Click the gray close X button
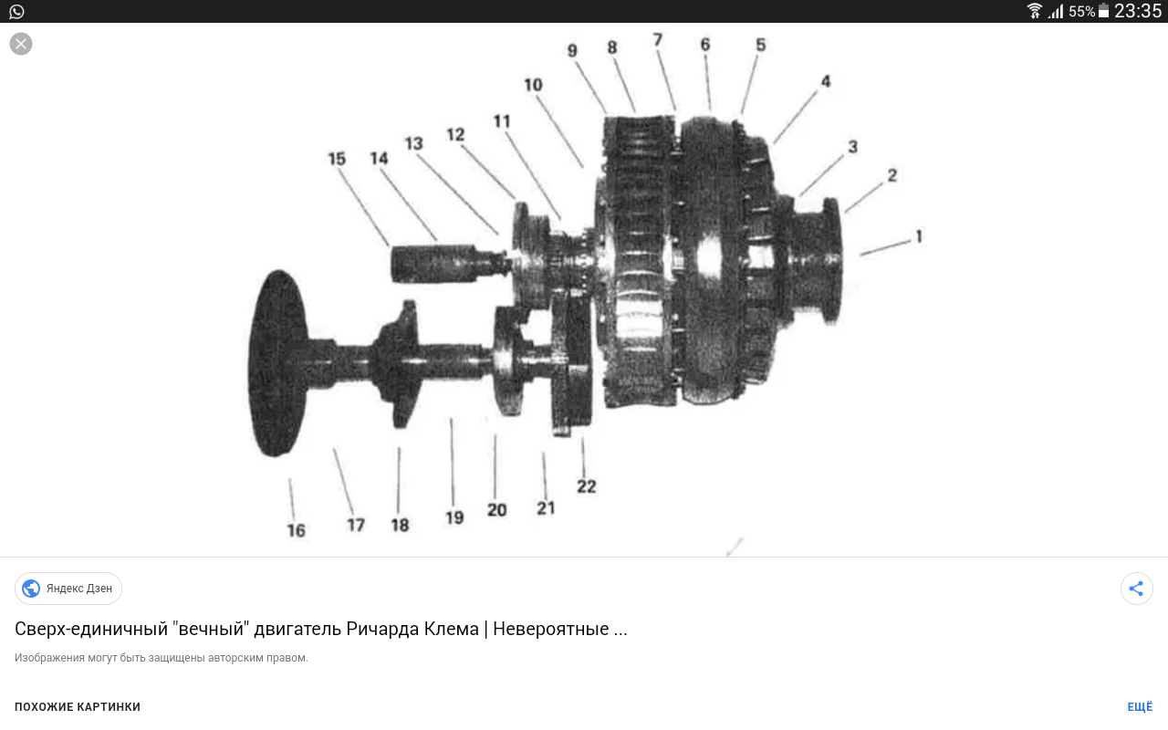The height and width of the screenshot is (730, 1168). coord(21,44)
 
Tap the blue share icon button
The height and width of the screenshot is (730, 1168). coord(1136,589)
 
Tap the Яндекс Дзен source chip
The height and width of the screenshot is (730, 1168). coord(68,589)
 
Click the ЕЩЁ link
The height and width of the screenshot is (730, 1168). coord(1140,707)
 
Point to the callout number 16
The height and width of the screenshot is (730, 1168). coord(297,530)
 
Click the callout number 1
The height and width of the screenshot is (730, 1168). coord(919,236)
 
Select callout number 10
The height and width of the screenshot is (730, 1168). coord(533,85)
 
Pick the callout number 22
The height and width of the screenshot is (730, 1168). coord(586,486)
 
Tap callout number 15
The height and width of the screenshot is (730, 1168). coord(337,159)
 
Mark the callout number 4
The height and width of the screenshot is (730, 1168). coord(826,81)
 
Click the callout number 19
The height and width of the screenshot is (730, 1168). coord(454,517)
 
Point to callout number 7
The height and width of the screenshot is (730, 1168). coord(658,39)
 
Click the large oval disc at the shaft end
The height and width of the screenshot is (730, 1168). coord(278,363)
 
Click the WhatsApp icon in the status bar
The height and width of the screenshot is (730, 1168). coord(16,12)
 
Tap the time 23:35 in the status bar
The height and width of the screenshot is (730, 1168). coord(1138,11)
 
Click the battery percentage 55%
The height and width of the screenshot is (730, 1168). coord(1081,12)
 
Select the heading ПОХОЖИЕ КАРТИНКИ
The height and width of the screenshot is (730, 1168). coord(78,707)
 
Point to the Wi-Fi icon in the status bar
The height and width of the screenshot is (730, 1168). coord(1034,11)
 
